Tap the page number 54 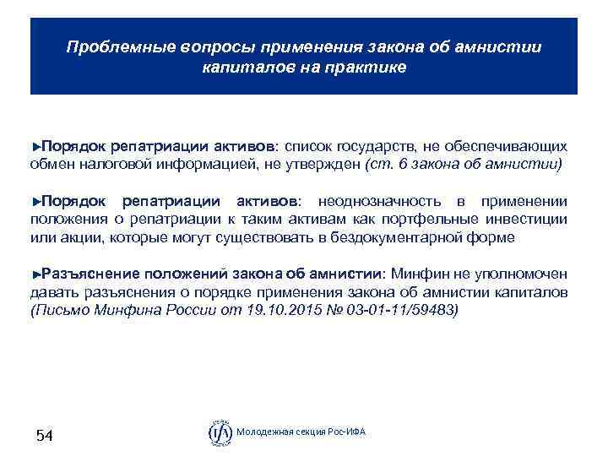tap(44, 436)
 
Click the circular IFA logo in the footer tap(220, 432)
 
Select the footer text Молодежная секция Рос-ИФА tap(301, 433)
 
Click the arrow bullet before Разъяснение tap(35, 274)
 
